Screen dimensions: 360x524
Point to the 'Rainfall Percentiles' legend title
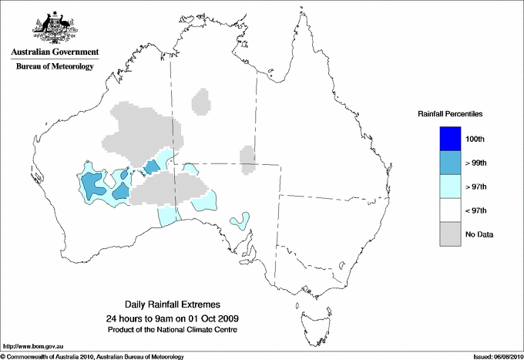pos(450,113)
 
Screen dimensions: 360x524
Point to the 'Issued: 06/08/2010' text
pos(493,355)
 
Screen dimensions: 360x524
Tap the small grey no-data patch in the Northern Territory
pos(202,101)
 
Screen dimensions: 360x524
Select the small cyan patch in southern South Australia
pos(240,221)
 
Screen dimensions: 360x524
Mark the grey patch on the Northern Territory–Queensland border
pos(247,160)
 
